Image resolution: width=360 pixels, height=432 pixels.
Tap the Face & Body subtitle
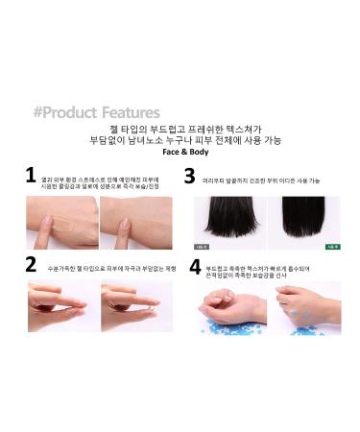pyautogui.click(x=180, y=151)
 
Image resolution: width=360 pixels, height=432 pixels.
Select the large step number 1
pyautogui.click(x=31, y=176)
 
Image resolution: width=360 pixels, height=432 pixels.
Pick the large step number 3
pyautogui.click(x=189, y=176)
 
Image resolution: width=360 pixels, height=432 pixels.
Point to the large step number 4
pyautogui.click(x=196, y=266)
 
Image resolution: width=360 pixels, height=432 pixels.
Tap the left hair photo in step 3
pyautogui.click(x=228, y=219)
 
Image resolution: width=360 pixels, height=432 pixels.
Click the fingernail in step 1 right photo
pyautogui.click(x=126, y=225)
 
